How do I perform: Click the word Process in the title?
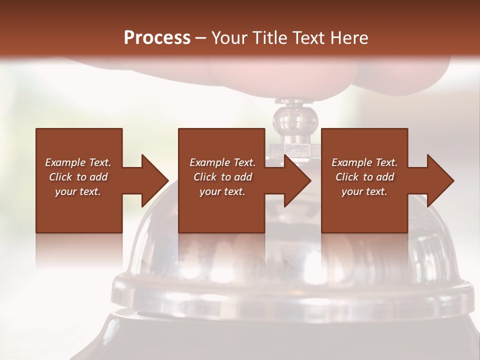click(x=157, y=38)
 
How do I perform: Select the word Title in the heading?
click(x=271, y=38)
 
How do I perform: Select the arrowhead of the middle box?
click(x=297, y=180)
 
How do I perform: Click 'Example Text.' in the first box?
click(x=78, y=162)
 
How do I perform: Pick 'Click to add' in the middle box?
click(x=222, y=177)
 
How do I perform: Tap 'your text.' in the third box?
click(x=364, y=191)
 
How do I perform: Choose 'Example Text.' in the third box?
click(x=364, y=162)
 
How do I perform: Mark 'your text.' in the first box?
click(x=78, y=191)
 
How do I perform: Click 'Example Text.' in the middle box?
click(x=222, y=162)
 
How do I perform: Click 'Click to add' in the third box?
click(x=364, y=177)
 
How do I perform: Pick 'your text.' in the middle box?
click(x=222, y=191)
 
